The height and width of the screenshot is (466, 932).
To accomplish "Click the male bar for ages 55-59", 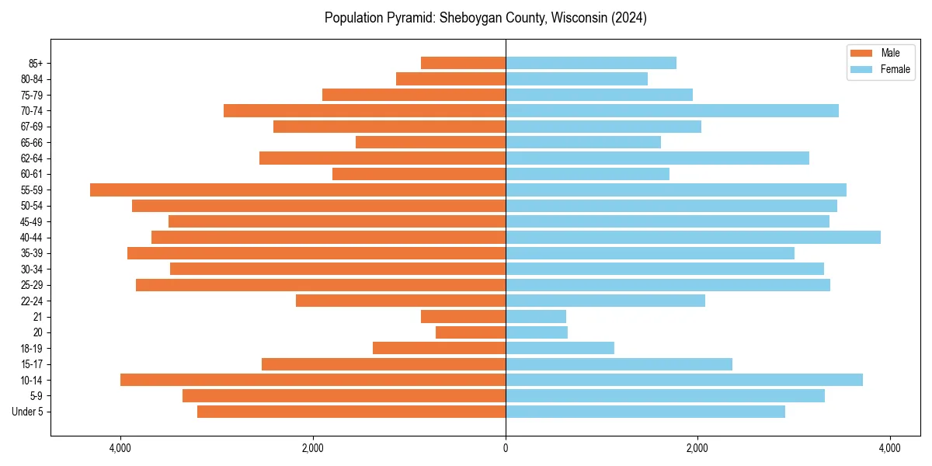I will (x=297, y=190).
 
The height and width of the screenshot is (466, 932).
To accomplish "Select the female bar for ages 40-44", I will (x=693, y=237).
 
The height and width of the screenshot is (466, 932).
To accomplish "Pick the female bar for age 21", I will (x=536, y=316).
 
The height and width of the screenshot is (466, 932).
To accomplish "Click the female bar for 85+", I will (x=591, y=63).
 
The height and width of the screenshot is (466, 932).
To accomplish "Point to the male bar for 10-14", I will (x=313, y=380).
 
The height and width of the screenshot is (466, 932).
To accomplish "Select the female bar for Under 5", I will (x=645, y=412).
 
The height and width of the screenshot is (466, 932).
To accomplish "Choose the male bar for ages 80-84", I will (x=450, y=78).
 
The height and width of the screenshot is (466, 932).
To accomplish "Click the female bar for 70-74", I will (x=672, y=110).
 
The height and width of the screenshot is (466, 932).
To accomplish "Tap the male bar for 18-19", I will (x=439, y=348).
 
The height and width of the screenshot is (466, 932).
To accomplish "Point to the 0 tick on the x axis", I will (x=506, y=448).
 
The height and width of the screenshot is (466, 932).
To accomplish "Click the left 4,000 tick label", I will (x=120, y=448).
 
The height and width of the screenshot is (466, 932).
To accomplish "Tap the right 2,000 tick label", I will (x=697, y=448).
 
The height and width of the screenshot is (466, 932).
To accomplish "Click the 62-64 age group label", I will (x=32, y=158).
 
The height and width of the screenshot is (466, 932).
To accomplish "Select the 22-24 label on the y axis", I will (x=32, y=301).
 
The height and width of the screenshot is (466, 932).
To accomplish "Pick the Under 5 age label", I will (x=28, y=412).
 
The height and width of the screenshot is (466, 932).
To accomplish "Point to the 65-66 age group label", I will (x=32, y=142).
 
